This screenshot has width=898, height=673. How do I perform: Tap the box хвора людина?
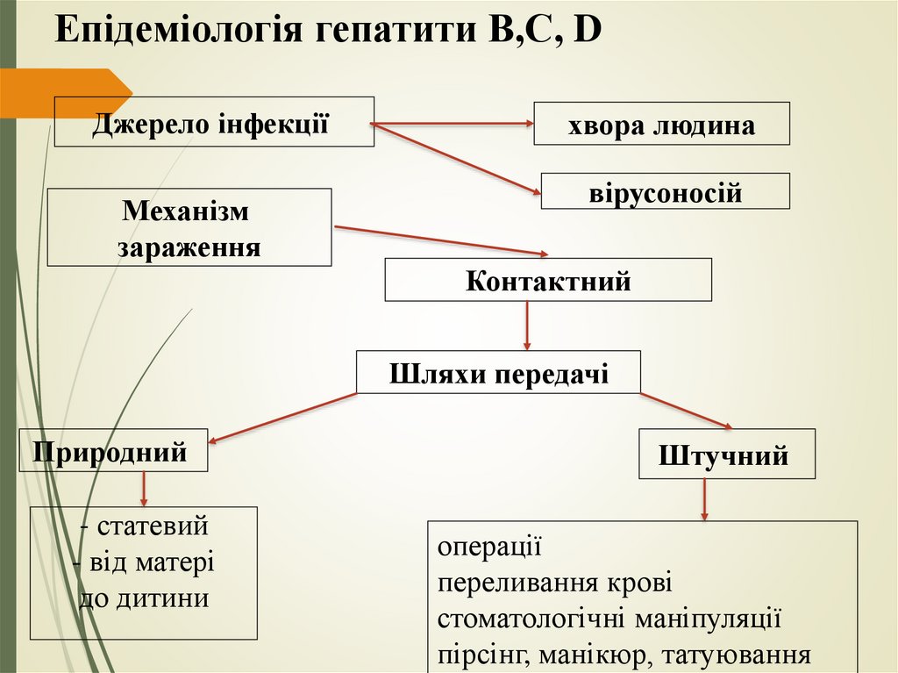[x=661, y=124]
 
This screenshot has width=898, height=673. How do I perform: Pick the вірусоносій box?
[x=665, y=191]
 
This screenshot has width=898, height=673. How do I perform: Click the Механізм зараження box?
[x=189, y=227]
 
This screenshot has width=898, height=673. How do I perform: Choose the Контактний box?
[x=548, y=280]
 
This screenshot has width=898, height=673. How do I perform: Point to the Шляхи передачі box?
[x=498, y=372]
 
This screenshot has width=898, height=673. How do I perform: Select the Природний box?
[x=113, y=450]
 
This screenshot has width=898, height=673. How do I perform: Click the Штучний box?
[x=726, y=454]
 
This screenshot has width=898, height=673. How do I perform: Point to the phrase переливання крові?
[x=554, y=583]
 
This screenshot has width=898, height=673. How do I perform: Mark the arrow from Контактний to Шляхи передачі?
[x=527, y=326]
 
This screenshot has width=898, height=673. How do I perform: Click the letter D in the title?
[x=589, y=32]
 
